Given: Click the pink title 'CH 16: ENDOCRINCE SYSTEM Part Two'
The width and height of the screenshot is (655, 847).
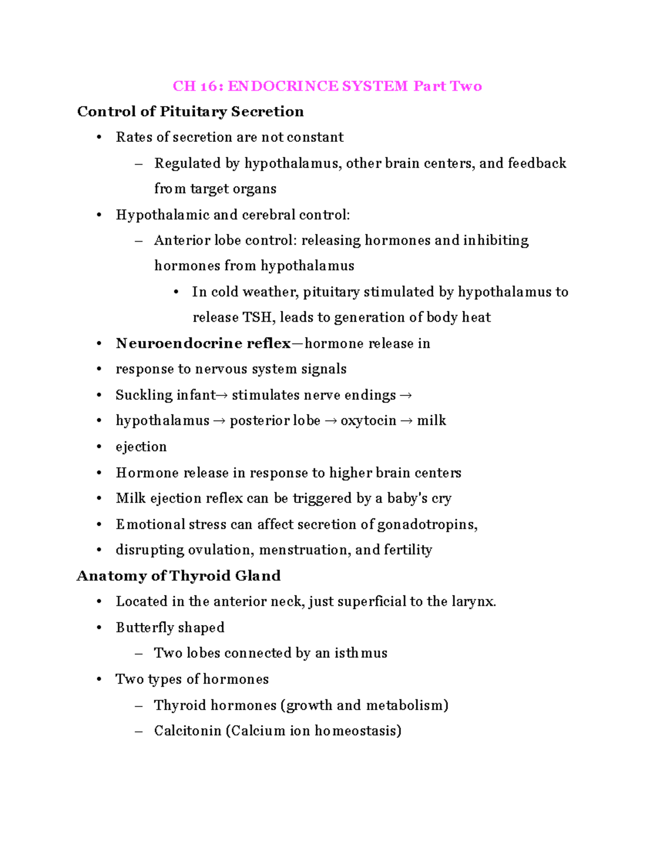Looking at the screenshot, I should pos(327,86).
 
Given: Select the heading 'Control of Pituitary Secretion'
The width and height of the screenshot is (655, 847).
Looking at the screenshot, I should pos(190,112).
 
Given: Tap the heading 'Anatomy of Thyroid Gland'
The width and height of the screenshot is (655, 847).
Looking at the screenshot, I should pos(178,576).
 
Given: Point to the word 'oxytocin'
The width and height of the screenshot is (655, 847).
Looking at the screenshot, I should pos(368,421).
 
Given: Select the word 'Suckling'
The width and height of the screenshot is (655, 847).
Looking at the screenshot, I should pos(136,395).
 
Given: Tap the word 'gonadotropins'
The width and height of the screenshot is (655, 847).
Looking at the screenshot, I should pos(427,525).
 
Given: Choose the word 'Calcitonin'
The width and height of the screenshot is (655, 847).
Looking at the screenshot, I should pos(188,731).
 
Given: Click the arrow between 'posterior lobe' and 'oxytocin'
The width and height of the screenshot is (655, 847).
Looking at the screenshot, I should pos(330,421).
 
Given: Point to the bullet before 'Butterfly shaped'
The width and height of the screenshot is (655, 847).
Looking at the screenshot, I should pos(99,628).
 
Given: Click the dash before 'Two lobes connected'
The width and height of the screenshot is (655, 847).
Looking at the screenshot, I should pos(139,653).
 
